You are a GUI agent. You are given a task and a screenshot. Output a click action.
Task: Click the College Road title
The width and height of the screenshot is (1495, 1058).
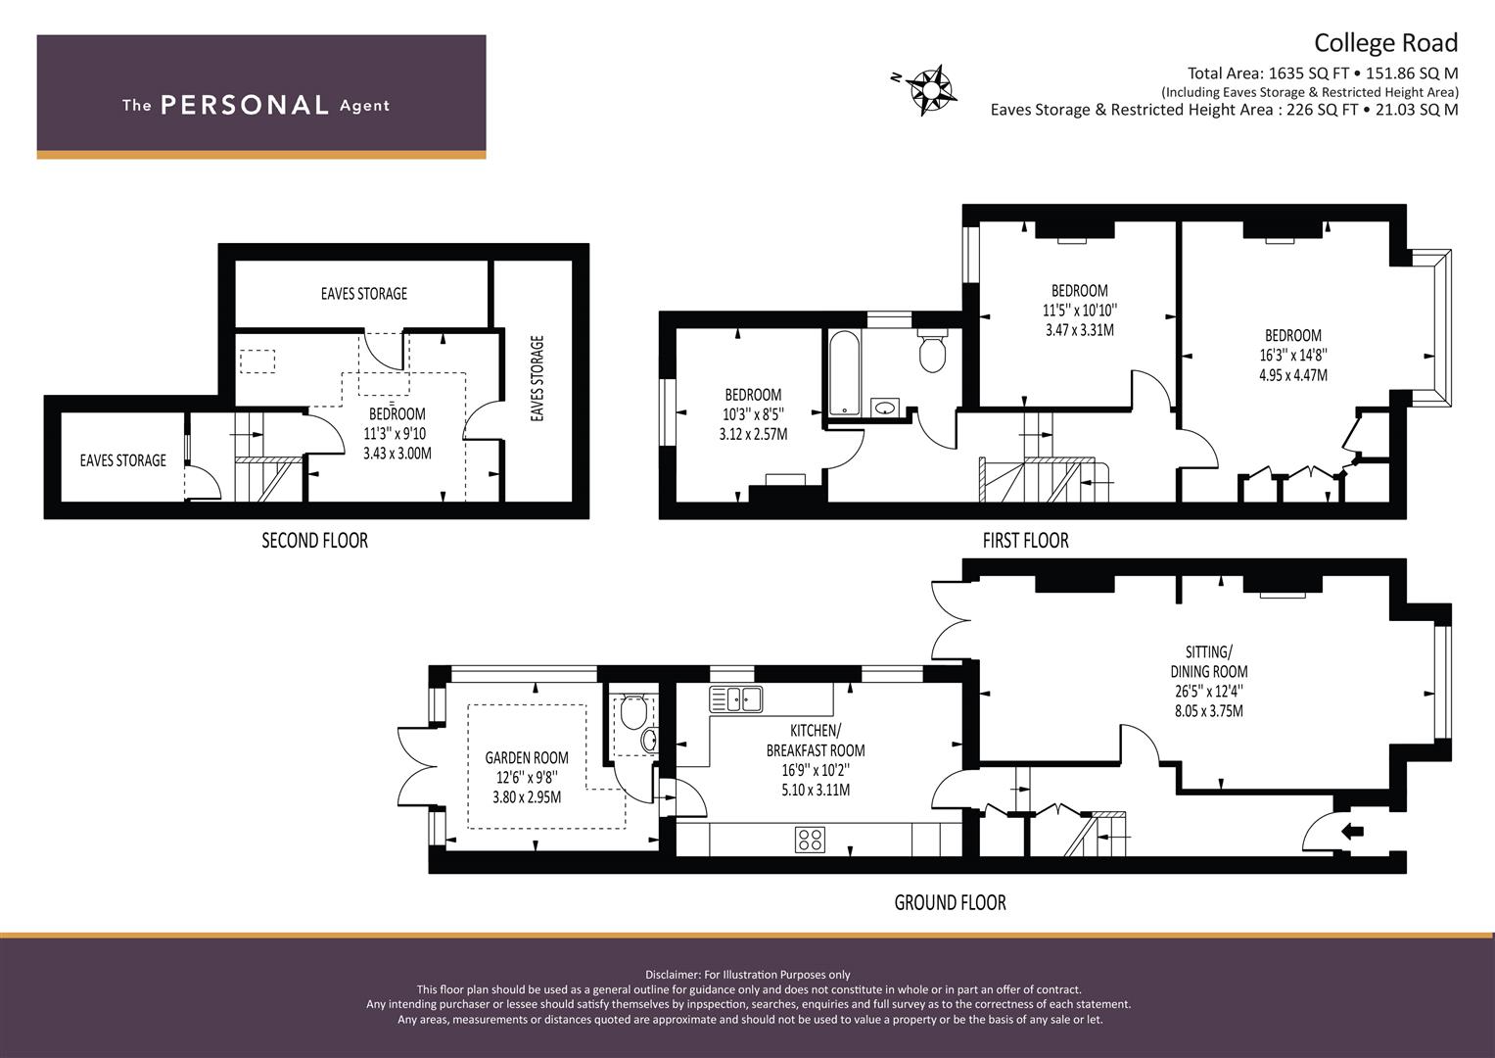tap(1384, 43)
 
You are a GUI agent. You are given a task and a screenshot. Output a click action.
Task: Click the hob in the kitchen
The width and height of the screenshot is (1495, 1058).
tap(810, 840)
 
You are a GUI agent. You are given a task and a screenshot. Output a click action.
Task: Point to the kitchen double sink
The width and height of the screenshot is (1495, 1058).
tap(736, 699)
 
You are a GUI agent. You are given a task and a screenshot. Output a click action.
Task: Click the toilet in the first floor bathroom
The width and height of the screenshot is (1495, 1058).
tap(932, 350)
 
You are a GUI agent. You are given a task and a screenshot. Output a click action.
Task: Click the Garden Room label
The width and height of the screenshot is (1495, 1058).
tap(527, 757)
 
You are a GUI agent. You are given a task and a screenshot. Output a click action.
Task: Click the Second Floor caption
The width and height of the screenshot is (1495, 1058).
tap(314, 540)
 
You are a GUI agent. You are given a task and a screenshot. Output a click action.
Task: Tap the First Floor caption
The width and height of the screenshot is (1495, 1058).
tap(1025, 540)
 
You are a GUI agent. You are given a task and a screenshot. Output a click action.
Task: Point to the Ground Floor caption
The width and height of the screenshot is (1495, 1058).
tap(950, 902)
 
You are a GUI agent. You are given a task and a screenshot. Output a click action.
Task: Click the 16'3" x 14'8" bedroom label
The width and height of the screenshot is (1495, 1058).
tap(1292, 355)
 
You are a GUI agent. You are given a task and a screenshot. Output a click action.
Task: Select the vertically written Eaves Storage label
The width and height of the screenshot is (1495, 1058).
tap(537, 379)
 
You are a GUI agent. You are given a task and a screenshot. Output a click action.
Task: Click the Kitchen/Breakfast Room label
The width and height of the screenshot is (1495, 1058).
tap(815, 741)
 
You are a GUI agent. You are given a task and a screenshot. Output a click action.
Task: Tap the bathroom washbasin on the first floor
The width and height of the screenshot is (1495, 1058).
tap(885, 407)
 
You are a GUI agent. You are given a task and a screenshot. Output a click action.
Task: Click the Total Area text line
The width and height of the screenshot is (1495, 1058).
tap(1322, 72)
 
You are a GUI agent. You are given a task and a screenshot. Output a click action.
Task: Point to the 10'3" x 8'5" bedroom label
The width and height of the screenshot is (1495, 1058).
tap(752, 414)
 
